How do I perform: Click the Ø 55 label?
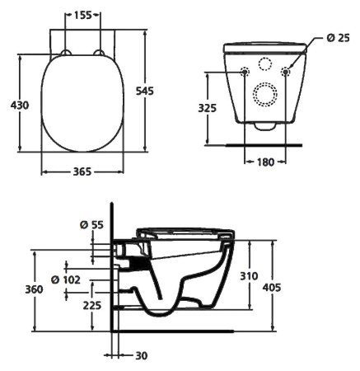pos(91,223)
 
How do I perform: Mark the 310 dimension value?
pos(259,275)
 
